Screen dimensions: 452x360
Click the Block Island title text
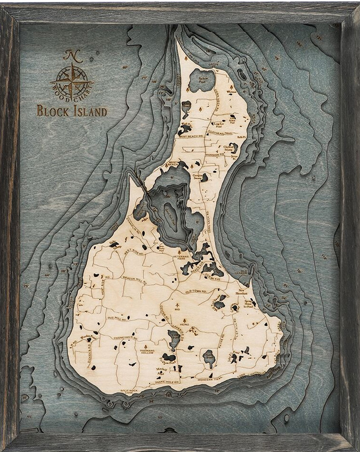click(72, 110)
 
